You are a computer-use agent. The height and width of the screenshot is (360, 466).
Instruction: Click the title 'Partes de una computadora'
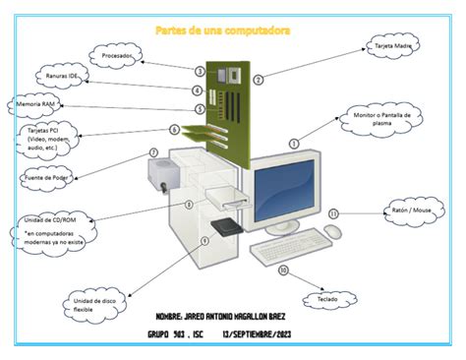[223, 30]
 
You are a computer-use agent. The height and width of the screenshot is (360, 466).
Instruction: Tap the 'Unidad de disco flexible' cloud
[96, 302]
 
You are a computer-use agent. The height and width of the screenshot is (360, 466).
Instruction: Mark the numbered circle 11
[333, 212]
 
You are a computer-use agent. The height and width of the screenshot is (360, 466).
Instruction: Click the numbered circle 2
[259, 80]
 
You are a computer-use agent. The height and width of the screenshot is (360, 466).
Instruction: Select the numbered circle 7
[153, 152]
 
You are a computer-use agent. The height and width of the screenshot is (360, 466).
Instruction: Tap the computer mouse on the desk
[333, 232]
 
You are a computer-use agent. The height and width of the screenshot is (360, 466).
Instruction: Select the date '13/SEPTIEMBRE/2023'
[258, 332]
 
